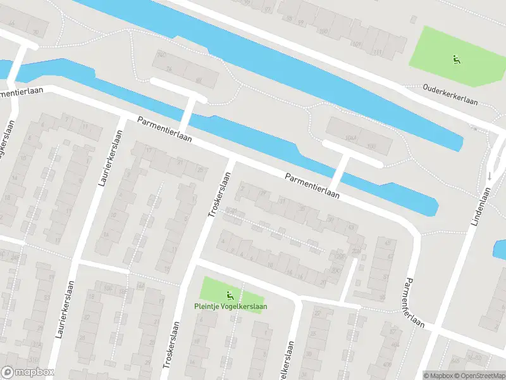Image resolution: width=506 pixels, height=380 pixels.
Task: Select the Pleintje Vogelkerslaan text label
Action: coord(230,307)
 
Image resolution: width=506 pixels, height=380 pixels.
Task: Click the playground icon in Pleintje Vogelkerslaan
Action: coord(230,294)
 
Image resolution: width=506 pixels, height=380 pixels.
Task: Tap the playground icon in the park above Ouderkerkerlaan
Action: coord(455,60)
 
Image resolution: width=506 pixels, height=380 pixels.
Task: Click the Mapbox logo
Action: coord(28,372)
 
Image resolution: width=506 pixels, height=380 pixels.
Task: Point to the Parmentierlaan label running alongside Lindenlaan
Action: coord(414,302)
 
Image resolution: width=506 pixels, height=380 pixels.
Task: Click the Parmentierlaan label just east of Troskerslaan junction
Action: coord(311,186)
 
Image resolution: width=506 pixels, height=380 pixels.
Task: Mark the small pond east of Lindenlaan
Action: coord(500,249)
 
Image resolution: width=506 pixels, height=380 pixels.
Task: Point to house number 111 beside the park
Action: coord(378,51)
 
